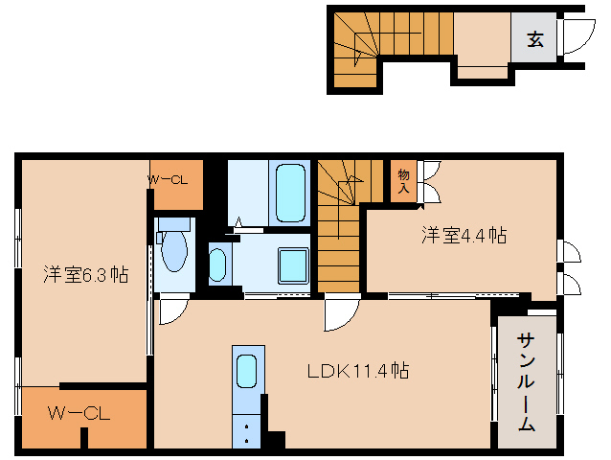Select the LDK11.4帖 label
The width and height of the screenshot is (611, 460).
(x=358, y=370)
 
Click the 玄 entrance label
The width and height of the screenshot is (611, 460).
(x=534, y=39)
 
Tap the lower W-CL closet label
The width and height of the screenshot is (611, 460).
(x=80, y=414)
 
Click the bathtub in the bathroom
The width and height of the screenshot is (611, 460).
(x=288, y=191)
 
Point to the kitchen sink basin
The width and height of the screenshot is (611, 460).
(x=246, y=370)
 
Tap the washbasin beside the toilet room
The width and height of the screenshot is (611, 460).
(x=218, y=264)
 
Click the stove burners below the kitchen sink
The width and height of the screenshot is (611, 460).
(x=246, y=430)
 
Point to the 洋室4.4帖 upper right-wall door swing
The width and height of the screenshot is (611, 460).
(x=569, y=251)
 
